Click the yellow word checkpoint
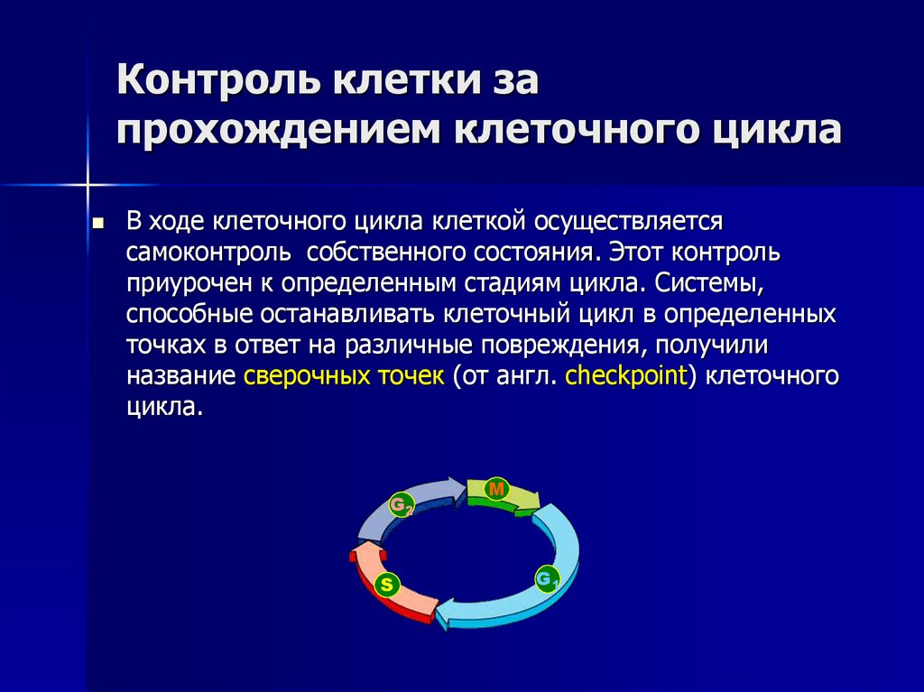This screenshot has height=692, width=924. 626,375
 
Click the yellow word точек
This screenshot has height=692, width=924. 404,375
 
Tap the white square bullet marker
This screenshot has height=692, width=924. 98,223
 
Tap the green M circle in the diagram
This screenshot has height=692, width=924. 496,489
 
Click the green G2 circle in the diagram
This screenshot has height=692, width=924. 401,504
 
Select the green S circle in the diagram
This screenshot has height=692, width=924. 386,585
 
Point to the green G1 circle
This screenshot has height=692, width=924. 547,577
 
